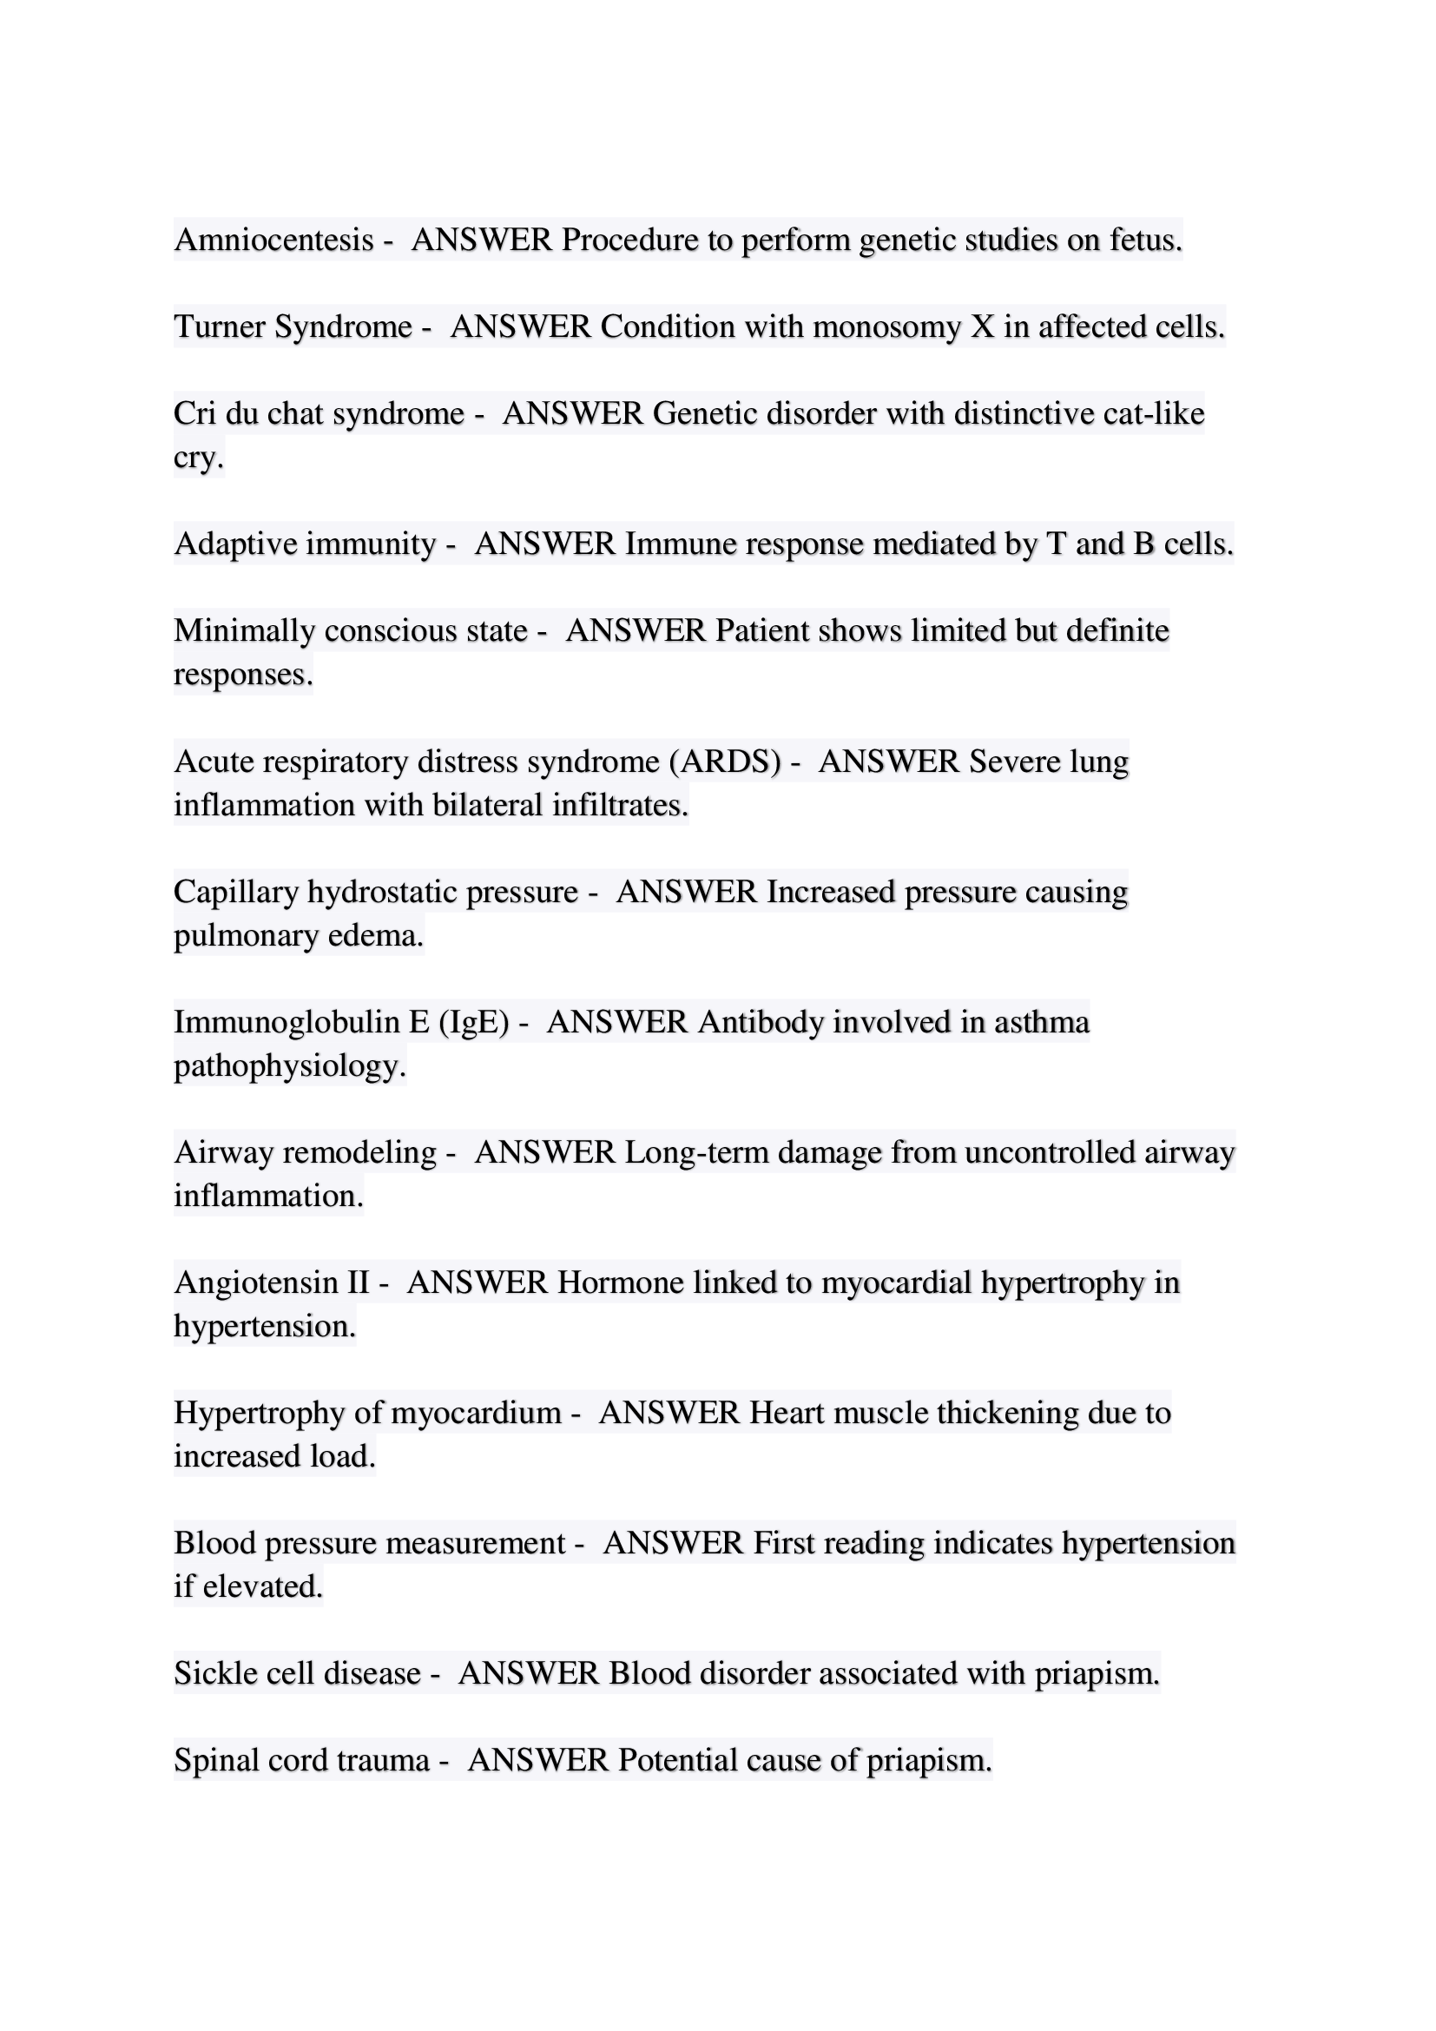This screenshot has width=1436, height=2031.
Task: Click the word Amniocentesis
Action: (273, 240)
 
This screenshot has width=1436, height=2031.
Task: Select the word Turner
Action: (220, 326)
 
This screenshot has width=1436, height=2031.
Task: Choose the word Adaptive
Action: (235, 543)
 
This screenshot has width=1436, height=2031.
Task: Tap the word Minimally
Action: (244, 630)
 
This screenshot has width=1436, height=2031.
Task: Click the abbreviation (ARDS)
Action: (725, 761)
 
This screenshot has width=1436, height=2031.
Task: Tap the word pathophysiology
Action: (289, 1065)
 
